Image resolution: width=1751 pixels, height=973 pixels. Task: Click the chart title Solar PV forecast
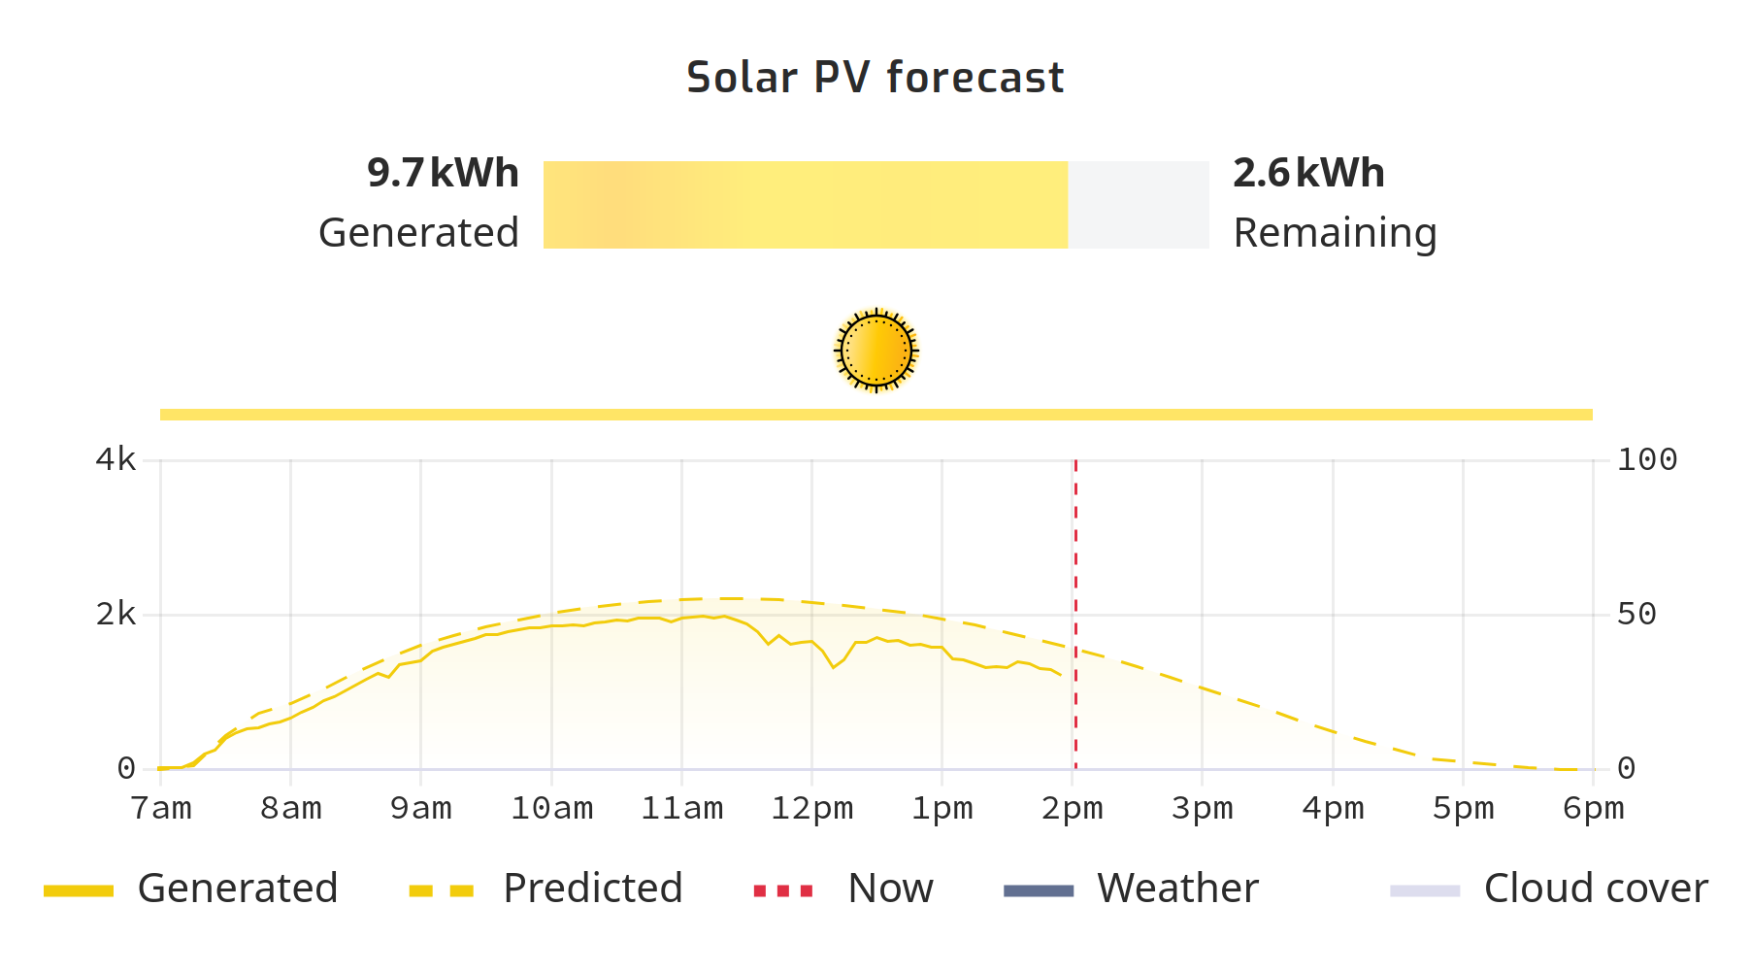tap(875, 78)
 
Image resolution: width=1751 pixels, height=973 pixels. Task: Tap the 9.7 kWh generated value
tap(443, 174)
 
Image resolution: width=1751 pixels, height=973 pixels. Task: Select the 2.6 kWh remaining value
tap(1308, 174)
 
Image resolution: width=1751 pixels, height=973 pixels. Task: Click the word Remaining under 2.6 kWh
tap(1335, 234)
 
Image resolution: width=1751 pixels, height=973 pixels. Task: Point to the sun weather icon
tap(875, 351)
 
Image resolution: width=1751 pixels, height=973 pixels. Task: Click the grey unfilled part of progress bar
tap(1139, 205)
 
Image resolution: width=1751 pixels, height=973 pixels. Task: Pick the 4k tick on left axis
tap(116, 460)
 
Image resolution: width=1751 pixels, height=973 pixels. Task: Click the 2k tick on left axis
tap(116, 615)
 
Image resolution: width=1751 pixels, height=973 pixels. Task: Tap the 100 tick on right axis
tap(1647, 460)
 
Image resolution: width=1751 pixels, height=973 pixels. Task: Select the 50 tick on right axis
tap(1636, 615)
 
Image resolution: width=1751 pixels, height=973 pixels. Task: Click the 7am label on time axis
tap(161, 809)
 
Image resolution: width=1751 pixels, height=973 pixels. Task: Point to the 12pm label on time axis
tap(811, 809)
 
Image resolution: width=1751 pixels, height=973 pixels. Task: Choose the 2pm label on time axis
tap(1073, 809)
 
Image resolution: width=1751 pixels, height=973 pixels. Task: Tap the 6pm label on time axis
tap(1593, 809)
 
